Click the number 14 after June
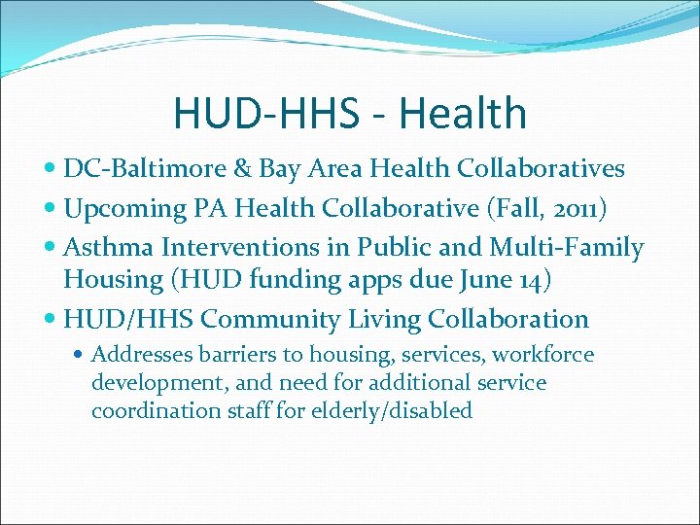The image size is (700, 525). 531,280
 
